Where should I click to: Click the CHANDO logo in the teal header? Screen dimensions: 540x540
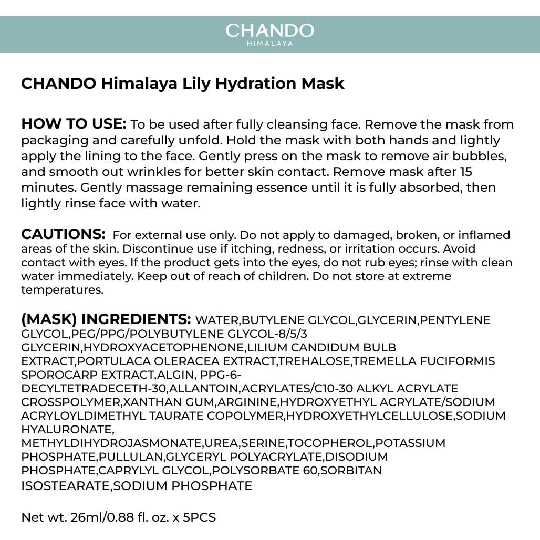269,30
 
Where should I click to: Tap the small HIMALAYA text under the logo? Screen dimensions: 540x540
269,44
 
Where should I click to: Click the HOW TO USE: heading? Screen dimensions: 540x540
74,124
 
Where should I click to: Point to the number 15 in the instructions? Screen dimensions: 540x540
466,172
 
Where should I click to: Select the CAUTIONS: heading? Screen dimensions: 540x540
63,234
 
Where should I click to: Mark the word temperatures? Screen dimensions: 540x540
62,289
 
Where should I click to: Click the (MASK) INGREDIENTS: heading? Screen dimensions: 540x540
106,319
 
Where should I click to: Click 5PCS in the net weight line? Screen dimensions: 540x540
199,517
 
